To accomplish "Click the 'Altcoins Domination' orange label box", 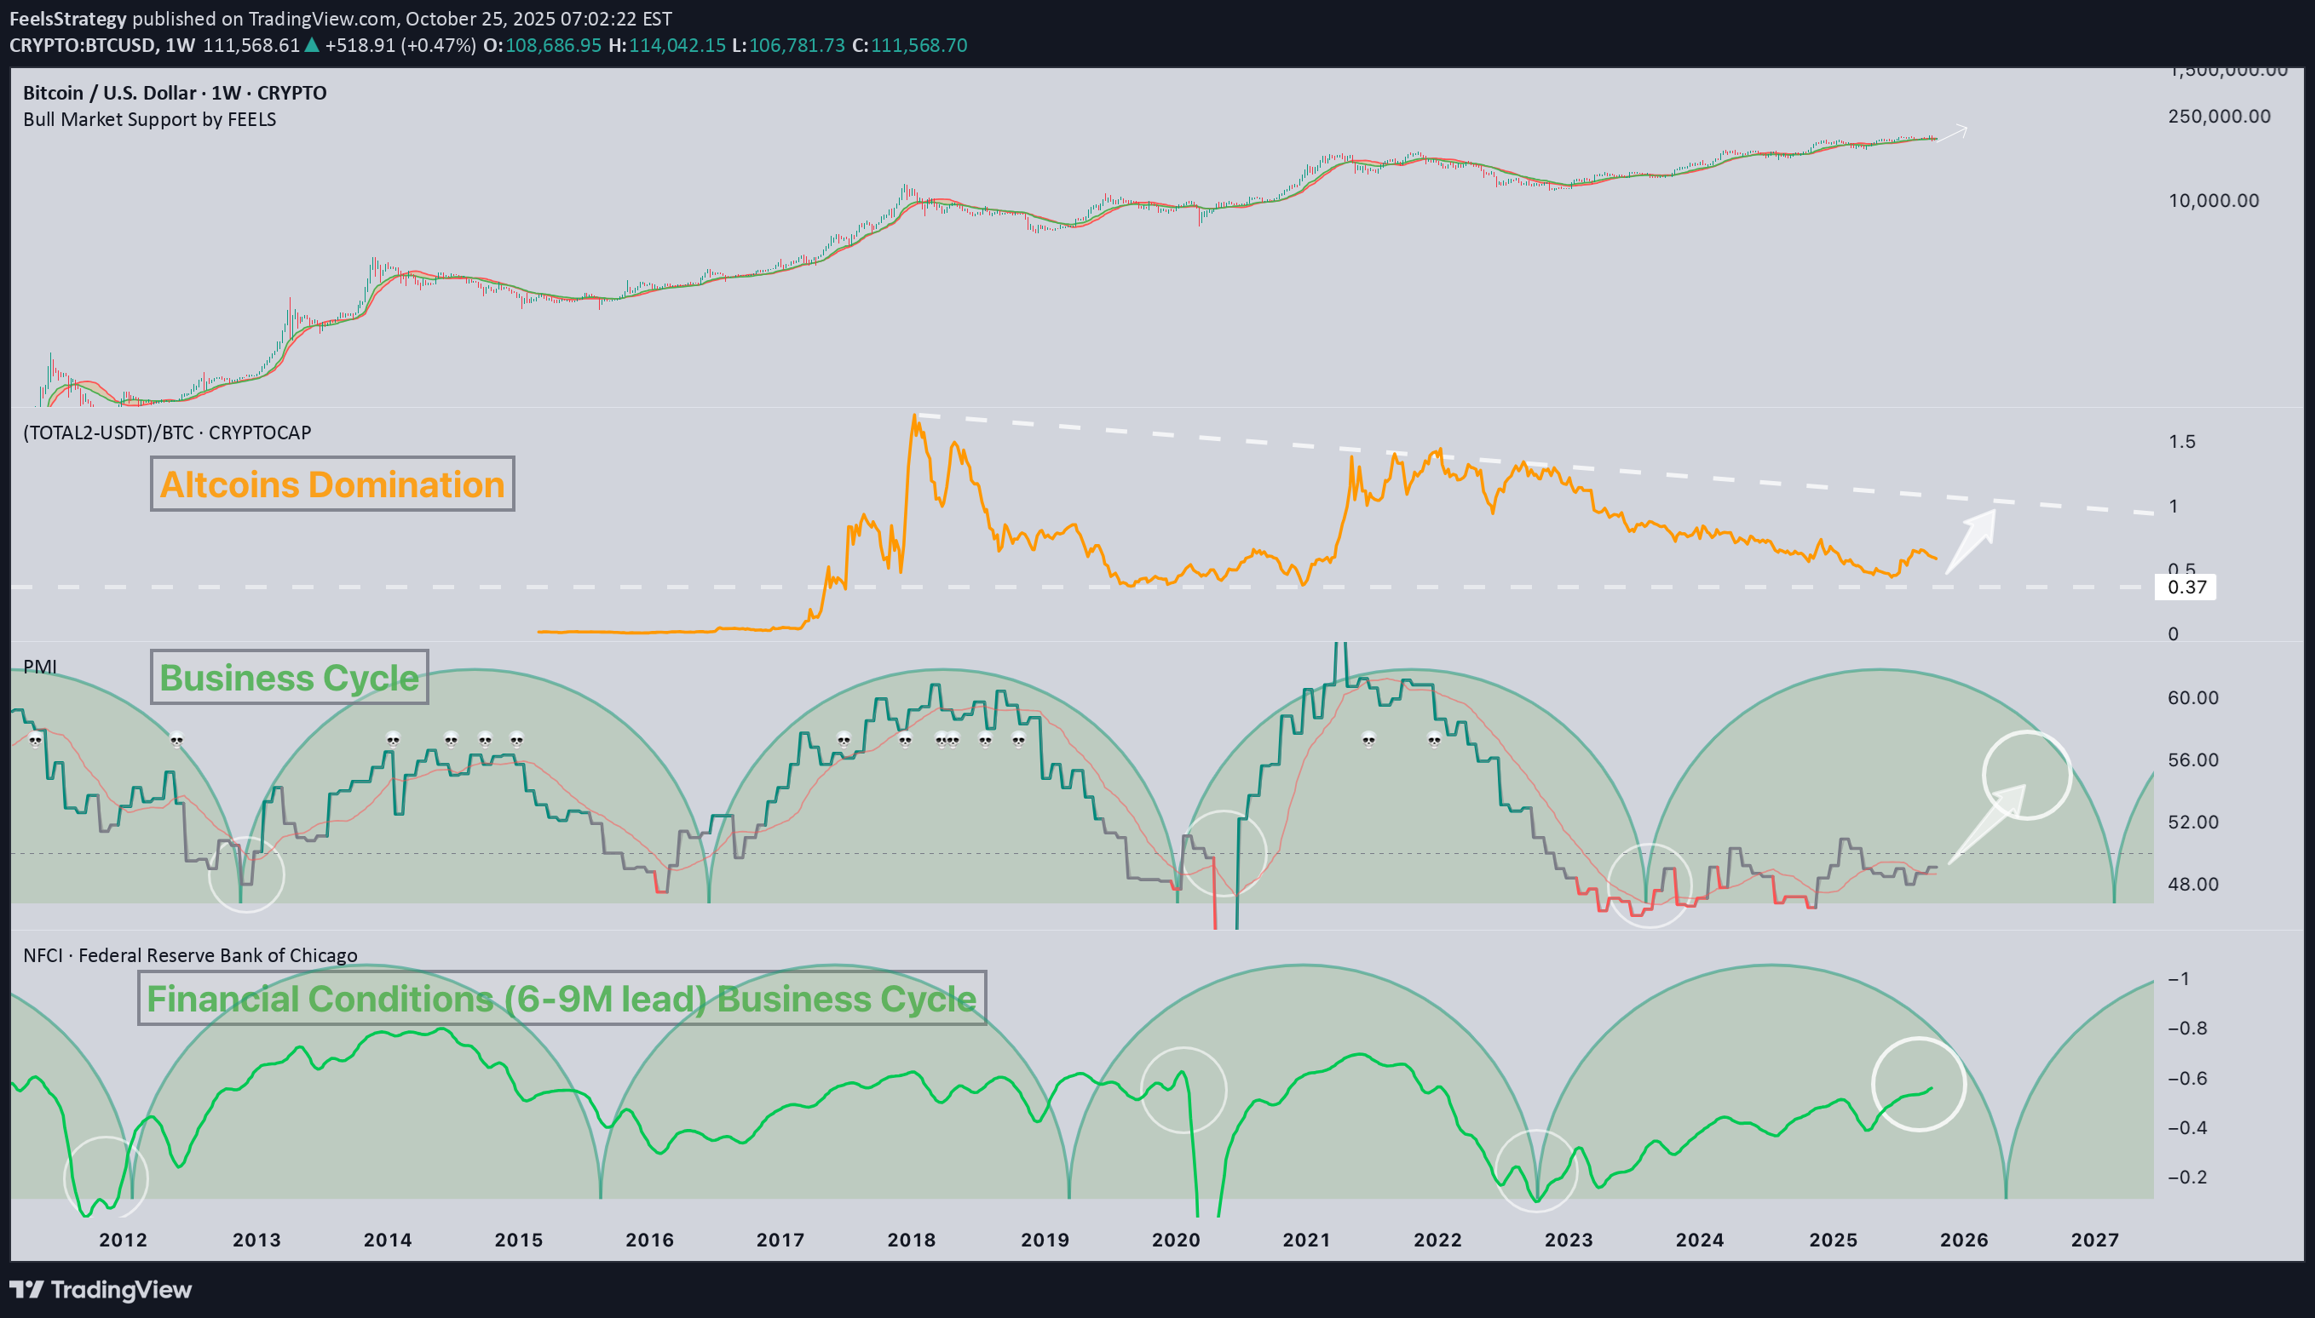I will point(331,484).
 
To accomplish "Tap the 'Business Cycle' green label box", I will point(289,677).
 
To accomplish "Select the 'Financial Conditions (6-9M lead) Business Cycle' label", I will point(561,999).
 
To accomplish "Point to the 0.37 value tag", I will point(2186,587).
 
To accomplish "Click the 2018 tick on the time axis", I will point(911,1240).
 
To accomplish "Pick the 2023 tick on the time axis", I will point(1568,1240).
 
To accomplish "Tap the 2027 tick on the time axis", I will point(2094,1240).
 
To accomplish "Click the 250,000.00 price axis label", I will point(2219,116).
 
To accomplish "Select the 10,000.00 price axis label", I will point(2214,200).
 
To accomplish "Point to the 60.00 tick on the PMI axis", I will point(2192,698).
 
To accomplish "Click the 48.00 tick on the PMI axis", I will point(2192,884).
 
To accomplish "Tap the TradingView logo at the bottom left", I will point(101,1289).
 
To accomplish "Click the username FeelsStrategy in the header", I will point(68,18).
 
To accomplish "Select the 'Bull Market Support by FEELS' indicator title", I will point(149,119).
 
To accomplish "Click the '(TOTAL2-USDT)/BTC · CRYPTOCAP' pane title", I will point(167,433).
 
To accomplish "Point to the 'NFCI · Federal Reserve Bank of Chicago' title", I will point(190,955).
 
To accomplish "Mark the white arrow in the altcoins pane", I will point(1972,542).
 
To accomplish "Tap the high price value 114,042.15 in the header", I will point(677,45).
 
